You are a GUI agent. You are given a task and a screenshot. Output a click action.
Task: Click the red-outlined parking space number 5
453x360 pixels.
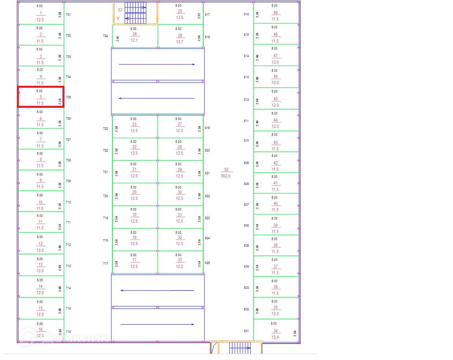[41, 97]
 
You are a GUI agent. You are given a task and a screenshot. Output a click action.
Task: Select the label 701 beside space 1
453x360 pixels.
[68, 15]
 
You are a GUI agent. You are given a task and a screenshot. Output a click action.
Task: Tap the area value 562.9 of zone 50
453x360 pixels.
[226, 176]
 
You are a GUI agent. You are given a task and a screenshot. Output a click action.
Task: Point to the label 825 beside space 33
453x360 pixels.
[207, 263]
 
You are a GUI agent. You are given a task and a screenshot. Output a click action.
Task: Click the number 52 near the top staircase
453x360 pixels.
[120, 10]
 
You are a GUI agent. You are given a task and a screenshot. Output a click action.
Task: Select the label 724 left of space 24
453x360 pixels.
[105, 36]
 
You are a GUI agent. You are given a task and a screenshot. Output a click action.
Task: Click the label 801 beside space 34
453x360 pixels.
[246, 331]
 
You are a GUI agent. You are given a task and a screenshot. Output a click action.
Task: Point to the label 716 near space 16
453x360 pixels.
[68, 332]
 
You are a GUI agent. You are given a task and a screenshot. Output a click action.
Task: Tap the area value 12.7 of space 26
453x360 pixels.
[180, 42]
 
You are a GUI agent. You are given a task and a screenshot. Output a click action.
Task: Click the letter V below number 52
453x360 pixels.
[118, 18]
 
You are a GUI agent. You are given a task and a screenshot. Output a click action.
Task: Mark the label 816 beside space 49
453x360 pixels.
[247, 15]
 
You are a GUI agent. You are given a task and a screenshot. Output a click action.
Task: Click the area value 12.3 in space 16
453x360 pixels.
[40, 336]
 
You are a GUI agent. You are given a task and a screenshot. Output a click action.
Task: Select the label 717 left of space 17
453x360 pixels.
[105, 264]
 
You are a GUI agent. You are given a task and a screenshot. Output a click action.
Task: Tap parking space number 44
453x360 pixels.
[275, 120]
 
